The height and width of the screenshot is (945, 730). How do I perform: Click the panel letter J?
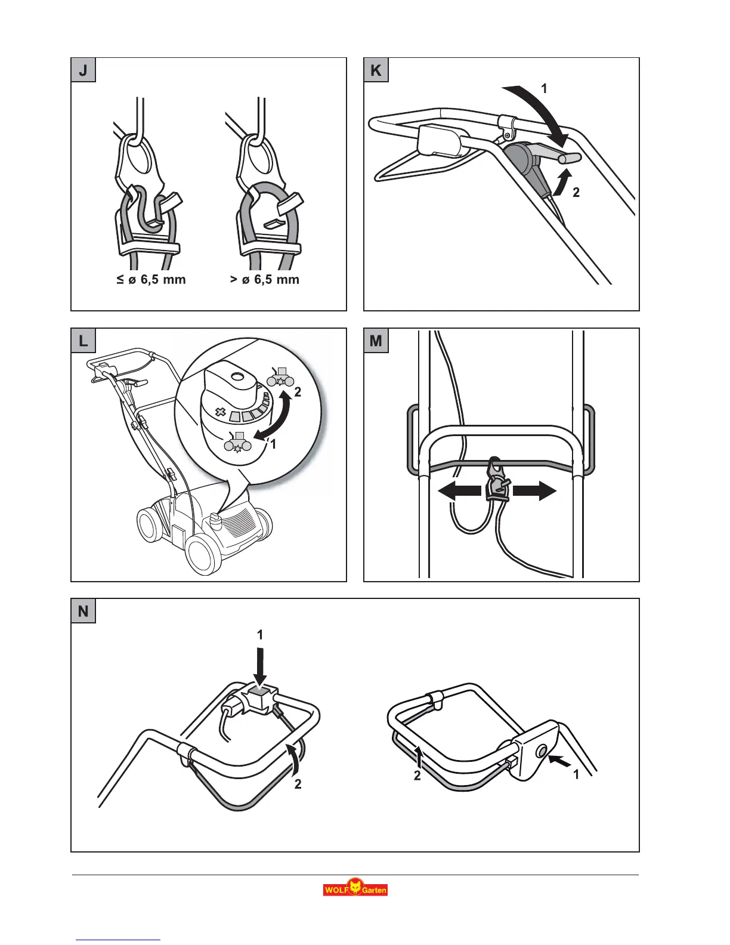(83, 70)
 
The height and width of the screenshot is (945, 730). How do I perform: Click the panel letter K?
(376, 70)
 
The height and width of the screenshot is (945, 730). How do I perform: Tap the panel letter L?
(83, 341)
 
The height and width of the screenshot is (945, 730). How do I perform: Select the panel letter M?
(376, 341)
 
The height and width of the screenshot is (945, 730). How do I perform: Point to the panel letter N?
(83, 611)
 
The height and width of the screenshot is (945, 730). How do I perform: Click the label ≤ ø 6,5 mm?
(151, 280)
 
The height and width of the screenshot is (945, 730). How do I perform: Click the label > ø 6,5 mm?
(265, 280)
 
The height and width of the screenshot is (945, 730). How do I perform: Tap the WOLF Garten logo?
(355, 888)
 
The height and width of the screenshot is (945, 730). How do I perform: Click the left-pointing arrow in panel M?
(459, 491)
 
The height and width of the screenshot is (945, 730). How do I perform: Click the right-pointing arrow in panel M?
(534, 491)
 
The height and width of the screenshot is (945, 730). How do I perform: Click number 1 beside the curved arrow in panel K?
(544, 88)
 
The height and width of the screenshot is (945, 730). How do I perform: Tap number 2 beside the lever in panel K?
(576, 193)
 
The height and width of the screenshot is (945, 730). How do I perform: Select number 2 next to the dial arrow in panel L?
(298, 393)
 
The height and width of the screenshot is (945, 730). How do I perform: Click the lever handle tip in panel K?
(571, 158)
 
